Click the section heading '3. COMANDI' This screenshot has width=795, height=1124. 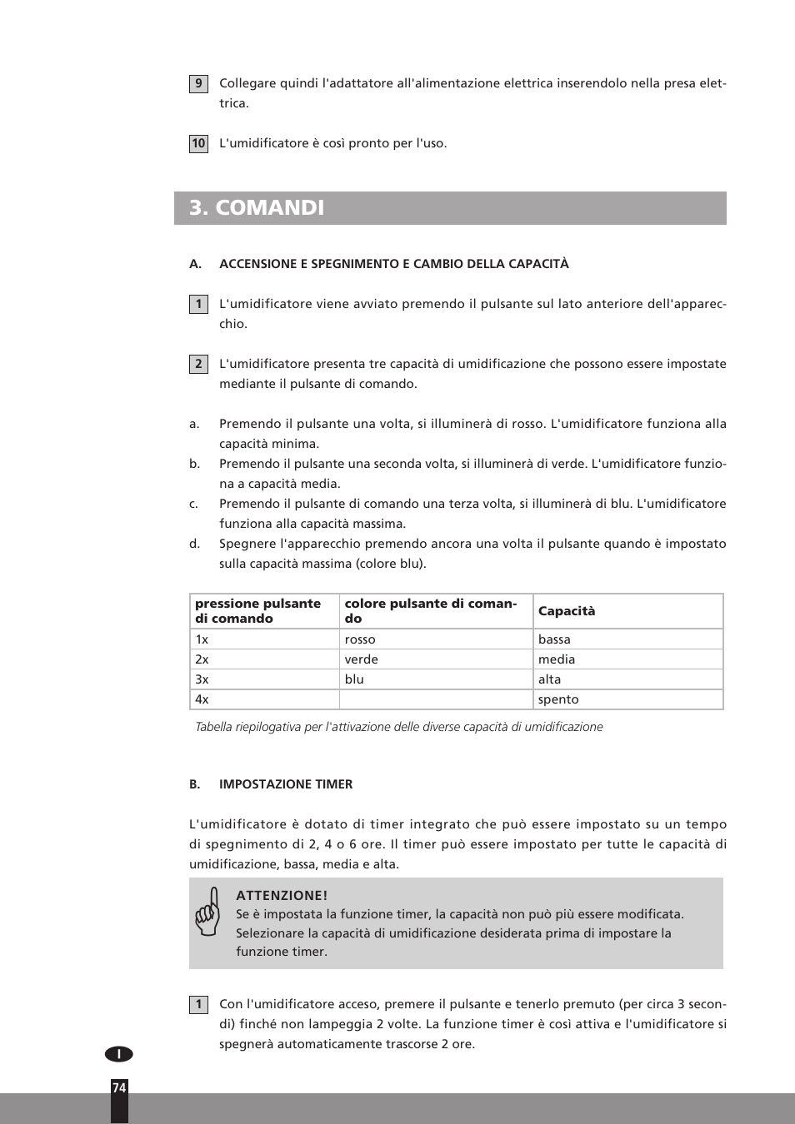(257, 208)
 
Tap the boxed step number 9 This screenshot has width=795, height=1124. (198, 83)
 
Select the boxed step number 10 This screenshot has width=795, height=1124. (198, 143)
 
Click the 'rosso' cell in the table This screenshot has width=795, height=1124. (360, 639)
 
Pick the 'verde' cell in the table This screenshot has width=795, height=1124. (361, 659)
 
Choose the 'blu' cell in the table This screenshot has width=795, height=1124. (354, 679)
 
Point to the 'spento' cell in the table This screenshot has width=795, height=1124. (557, 699)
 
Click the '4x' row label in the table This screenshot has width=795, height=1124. (202, 699)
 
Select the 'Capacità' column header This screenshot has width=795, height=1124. (567, 611)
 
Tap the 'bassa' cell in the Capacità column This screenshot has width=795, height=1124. (554, 639)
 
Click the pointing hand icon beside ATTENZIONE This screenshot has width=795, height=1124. (208, 913)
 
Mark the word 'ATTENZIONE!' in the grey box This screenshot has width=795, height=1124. (282, 896)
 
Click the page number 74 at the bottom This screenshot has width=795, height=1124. (119, 1088)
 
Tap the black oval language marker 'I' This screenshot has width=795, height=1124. (119, 1054)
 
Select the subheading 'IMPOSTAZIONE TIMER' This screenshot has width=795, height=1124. (286, 784)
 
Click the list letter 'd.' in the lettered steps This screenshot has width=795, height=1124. (194, 544)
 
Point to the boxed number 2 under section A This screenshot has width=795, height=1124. (198, 364)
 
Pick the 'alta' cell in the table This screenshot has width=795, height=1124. (549, 679)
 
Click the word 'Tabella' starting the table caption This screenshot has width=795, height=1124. (212, 727)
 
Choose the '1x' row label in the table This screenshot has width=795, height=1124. (202, 639)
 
